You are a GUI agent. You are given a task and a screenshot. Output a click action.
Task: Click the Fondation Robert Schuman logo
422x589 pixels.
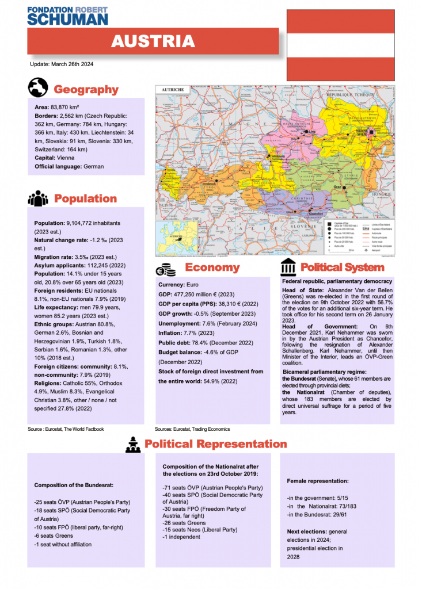click(x=67, y=15)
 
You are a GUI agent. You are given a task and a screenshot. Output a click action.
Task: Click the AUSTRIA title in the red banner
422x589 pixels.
click(x=153, y=41)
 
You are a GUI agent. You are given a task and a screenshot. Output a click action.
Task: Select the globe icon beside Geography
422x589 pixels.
click(x=37, y=88)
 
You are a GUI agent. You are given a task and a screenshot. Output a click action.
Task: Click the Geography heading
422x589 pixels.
click(x=86, y=89)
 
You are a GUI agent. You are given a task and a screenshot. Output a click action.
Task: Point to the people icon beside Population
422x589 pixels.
click(x=38, y=198)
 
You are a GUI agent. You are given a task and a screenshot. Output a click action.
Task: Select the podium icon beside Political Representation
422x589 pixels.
click(x=133, y=443)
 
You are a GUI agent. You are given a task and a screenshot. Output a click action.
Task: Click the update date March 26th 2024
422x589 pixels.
click(x=62, y=64)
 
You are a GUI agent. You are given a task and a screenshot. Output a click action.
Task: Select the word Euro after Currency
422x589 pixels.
click(x=192, y=285)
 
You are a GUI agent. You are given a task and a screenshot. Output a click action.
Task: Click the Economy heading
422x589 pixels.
click(x=212, y=267)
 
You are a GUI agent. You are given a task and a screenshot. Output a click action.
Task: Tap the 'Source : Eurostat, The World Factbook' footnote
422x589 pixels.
click(x=66, y=429)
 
